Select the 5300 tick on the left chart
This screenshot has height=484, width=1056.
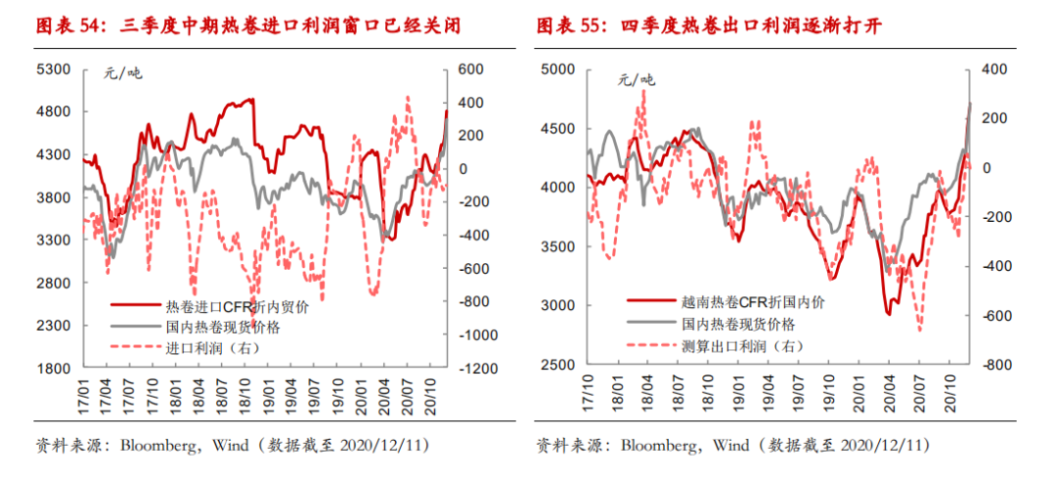coord(56,69)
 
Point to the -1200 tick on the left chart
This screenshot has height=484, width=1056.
coord(476,369)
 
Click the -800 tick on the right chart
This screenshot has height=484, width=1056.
coord(980,366)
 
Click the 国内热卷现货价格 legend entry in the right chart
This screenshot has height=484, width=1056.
coord(738,325)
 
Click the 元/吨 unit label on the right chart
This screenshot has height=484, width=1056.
coord(638,80)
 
